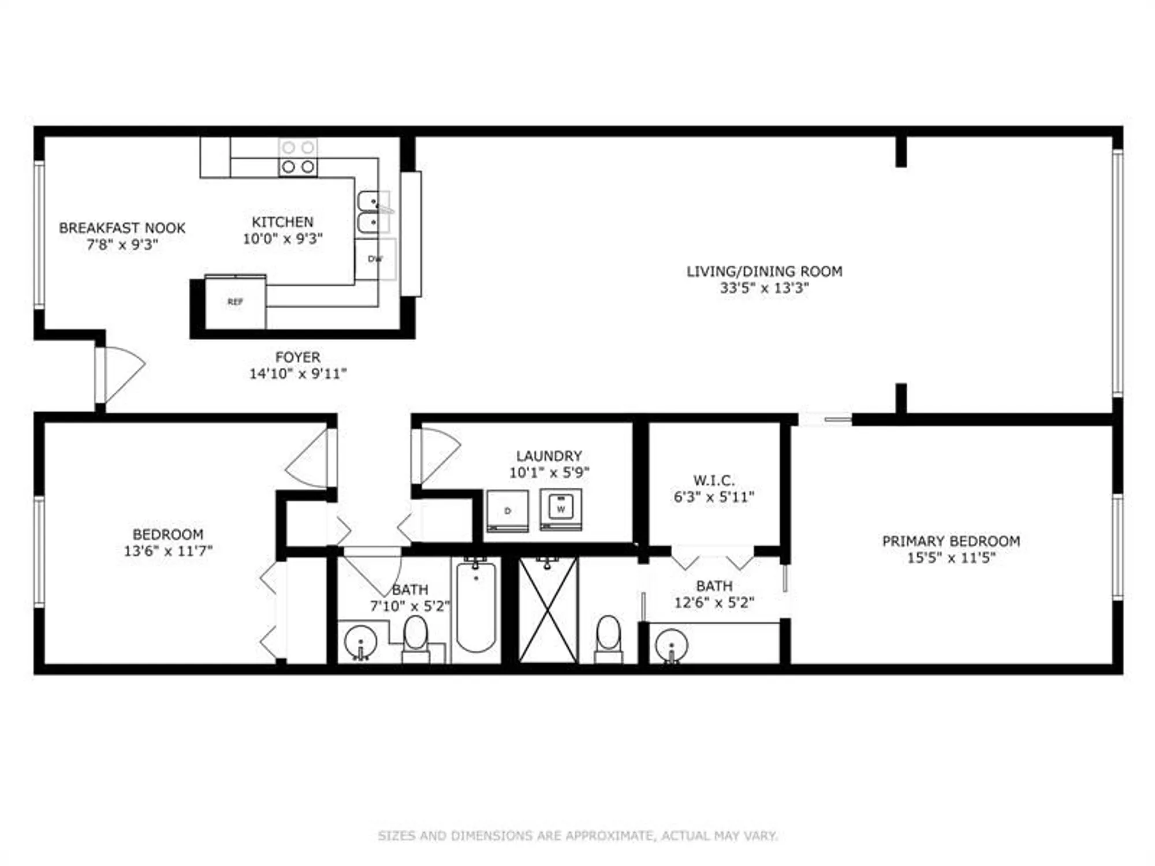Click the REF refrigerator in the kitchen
[236, 303]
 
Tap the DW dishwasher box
[375, 259]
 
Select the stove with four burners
[298, 157]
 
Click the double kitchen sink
[372, 212]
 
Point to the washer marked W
[561, 509]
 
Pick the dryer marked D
[508, 510]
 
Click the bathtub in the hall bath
[476, 607]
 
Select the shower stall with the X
[548, 610]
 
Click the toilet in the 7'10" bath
[415, 639]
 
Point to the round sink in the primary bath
[672, 644]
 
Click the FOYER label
[297, 357]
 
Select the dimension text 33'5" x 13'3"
[764, 288]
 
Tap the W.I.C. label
[714, 480]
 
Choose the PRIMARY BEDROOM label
[951, 541]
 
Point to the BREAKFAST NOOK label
[122, 228]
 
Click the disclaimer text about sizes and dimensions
[577, 835]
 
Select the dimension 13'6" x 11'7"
[168, 551]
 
